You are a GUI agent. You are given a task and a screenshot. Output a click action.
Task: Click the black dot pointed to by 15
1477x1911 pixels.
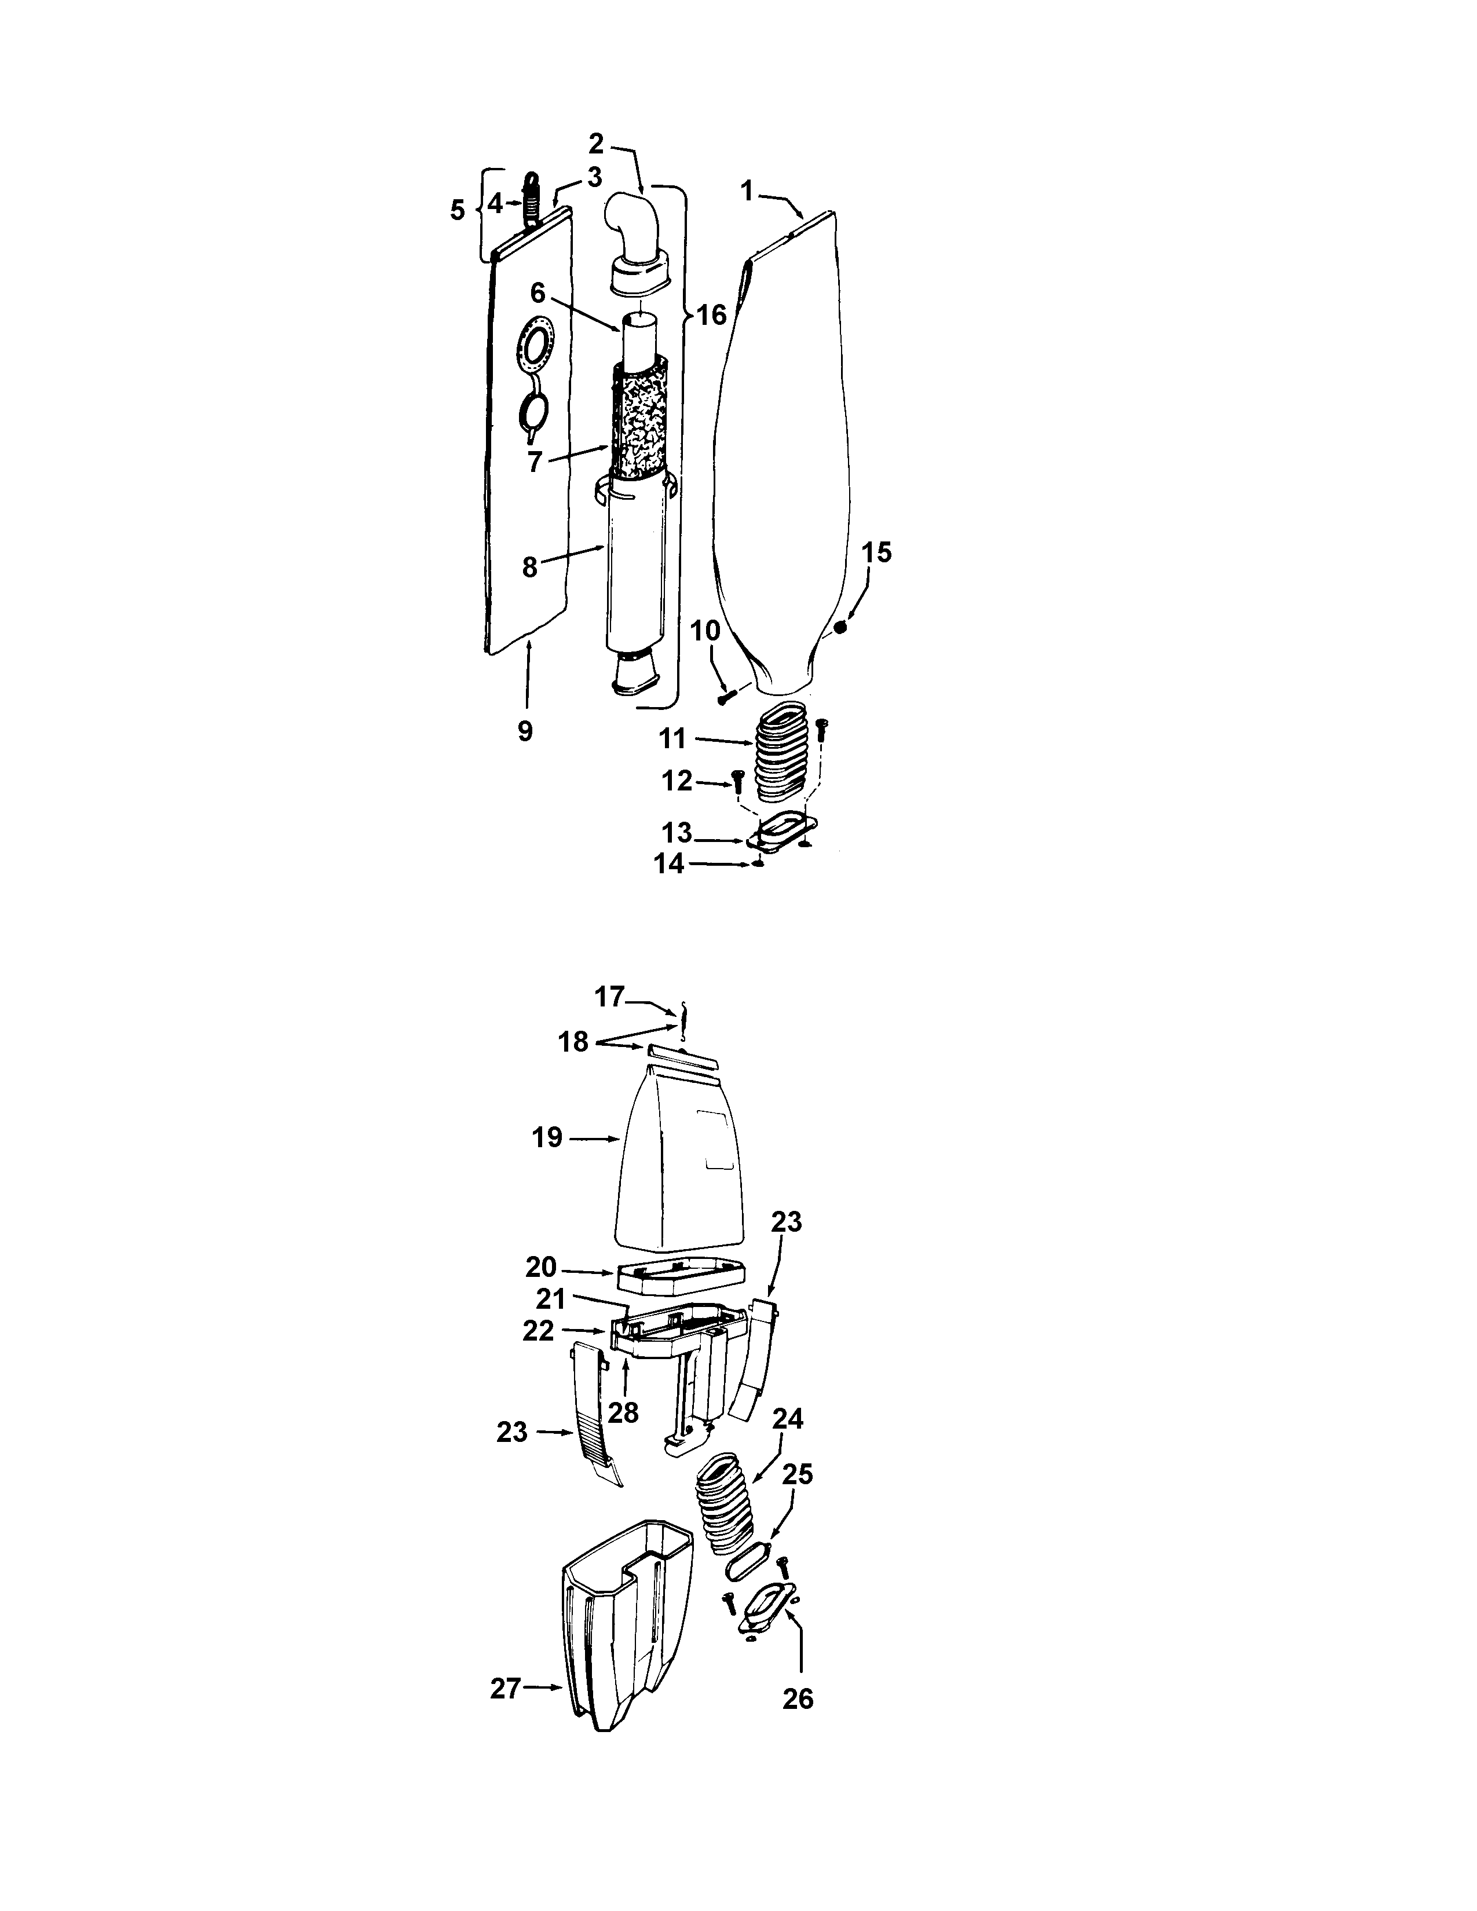pyautogui.click(x=840, y=627)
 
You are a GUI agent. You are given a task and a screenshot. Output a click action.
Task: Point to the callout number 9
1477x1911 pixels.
pyautogui.click(x=525, y=731)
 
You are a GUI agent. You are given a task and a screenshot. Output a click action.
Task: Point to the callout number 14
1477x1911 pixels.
pyautogui.click(x=670, y=863)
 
